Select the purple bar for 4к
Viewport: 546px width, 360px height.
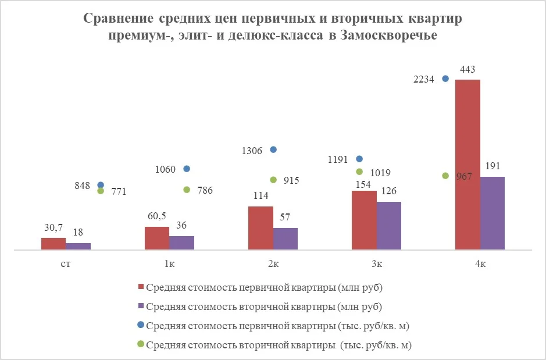pos(492,213)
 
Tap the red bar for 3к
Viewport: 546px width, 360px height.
pos(364,220)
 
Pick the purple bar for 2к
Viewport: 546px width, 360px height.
pos(285,238)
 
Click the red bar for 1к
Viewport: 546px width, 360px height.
pos(156,238)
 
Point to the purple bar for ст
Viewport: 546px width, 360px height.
pos(78,246)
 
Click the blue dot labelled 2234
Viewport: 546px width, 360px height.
pos(446,79)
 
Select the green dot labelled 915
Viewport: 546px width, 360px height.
pos(273,180)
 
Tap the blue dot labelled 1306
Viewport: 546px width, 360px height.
pos(273,149)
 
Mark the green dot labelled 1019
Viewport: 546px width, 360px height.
pos(359,172)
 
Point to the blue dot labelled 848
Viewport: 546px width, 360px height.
pos(101,185)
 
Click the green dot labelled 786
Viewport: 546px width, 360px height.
pos(187,190)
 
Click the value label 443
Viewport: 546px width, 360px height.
pos(468,70)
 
